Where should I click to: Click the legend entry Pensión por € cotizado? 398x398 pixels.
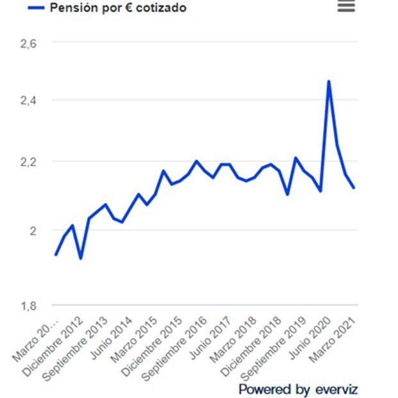(109, 8)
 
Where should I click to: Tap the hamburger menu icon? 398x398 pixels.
(346, 6)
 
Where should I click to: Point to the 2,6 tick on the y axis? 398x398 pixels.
(29, 43)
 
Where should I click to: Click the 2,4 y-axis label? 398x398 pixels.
(29, 101)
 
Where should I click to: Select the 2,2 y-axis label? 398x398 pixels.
(29, 162)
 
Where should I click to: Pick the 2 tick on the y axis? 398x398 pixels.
(33, 230)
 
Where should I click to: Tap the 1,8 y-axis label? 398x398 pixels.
(29, 306)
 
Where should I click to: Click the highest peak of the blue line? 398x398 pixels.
(329, 81)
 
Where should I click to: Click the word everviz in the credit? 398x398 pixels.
(336, 389)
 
